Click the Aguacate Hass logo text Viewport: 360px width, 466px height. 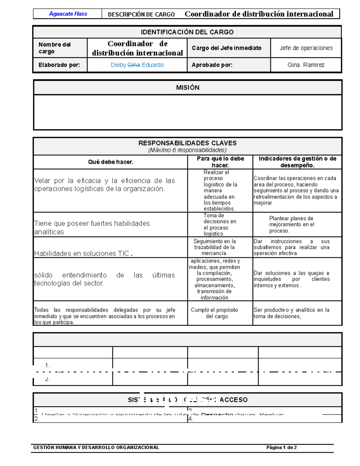click(68, 14)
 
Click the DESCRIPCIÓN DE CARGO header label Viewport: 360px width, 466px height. click(141, 14)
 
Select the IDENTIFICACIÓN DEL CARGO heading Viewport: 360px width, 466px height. click(187, 32)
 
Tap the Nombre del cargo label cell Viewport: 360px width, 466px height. click(55, 48)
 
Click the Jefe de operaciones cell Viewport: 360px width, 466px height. click(306, 48)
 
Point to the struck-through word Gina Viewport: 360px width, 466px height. click(134, 65)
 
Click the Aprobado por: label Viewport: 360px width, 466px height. click(212, 65)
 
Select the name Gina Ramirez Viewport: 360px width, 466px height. click(306, 65)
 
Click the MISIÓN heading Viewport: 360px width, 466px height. click(187, 88)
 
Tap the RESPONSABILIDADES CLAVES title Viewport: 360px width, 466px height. click(187, 143)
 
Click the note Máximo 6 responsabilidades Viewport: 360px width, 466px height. click(187, 150)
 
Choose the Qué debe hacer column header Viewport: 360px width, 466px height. click(110, 162)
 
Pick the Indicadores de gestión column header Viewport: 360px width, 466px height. click(297, 162)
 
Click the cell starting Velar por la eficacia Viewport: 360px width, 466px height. click(104, 185)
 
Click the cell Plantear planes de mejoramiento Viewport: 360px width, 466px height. click(291, 224)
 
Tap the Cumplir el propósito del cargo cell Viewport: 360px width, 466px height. click(214, 313)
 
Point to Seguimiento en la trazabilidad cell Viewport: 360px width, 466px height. click(214, 247)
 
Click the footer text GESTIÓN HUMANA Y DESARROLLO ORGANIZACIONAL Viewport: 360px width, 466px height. click(96, 447)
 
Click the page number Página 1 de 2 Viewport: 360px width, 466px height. click(281, 447)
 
